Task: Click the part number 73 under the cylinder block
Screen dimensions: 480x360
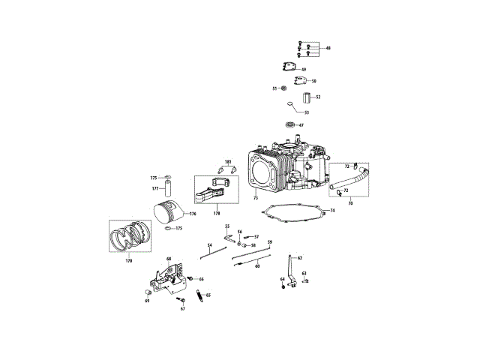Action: click(x=256, y=198)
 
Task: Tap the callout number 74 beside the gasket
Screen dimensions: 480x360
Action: click(x=332, y=211)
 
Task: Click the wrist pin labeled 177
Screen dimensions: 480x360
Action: click(x=168, y=190)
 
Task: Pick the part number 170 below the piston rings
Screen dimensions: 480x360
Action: click(x=128, y=260)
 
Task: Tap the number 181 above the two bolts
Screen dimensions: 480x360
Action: click(x=228, y=161)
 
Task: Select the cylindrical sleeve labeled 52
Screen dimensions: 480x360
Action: click(x=307, y=97)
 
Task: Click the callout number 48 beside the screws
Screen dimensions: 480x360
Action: click(x=328, y=48)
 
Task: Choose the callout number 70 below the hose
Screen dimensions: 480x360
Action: click(x=349, y=202)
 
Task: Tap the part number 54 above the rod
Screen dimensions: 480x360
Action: click(x=210, y=245)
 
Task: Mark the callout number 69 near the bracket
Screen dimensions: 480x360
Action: click(x=147, y=301)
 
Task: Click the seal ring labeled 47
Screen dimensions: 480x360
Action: click(x=289, y=124)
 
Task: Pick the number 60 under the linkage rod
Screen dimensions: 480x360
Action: click(x=257, y=266)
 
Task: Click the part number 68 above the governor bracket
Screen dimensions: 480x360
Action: click(x=169, y=259)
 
